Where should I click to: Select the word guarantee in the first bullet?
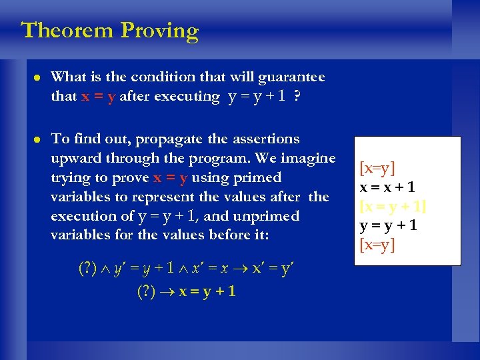[x=292, y=77]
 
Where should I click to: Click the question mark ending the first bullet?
[x=296, y=97]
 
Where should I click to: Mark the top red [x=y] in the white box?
[x=377, y=169]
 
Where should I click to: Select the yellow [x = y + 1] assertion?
[x=393, y=207]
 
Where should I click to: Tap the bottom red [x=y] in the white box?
[x=377, y=245]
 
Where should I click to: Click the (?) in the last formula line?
[x=146, y=291]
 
